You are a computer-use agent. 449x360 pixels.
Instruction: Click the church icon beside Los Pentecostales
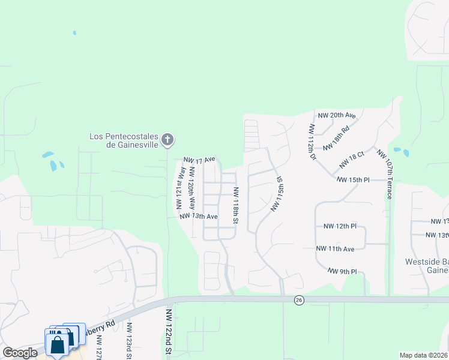point(168,140)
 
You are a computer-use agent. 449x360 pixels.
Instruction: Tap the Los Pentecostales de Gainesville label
point(124,140)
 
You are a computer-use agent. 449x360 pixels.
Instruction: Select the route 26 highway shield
point(298,300)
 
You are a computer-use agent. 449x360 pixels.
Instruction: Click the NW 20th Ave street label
point(337,115)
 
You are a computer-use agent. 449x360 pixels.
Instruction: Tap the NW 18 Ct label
point(352,160)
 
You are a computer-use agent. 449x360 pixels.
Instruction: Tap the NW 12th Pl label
point(340,226)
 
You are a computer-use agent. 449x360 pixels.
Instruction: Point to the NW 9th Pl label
point(343,272)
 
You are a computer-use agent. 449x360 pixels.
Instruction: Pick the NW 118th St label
point(236,205)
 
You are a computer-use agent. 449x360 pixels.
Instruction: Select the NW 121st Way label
point(178,188)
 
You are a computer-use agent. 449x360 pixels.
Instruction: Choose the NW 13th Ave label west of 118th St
point(198,216)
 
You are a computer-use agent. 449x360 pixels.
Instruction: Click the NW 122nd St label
point(169,333)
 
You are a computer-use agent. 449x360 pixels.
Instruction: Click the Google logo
point(20,353)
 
